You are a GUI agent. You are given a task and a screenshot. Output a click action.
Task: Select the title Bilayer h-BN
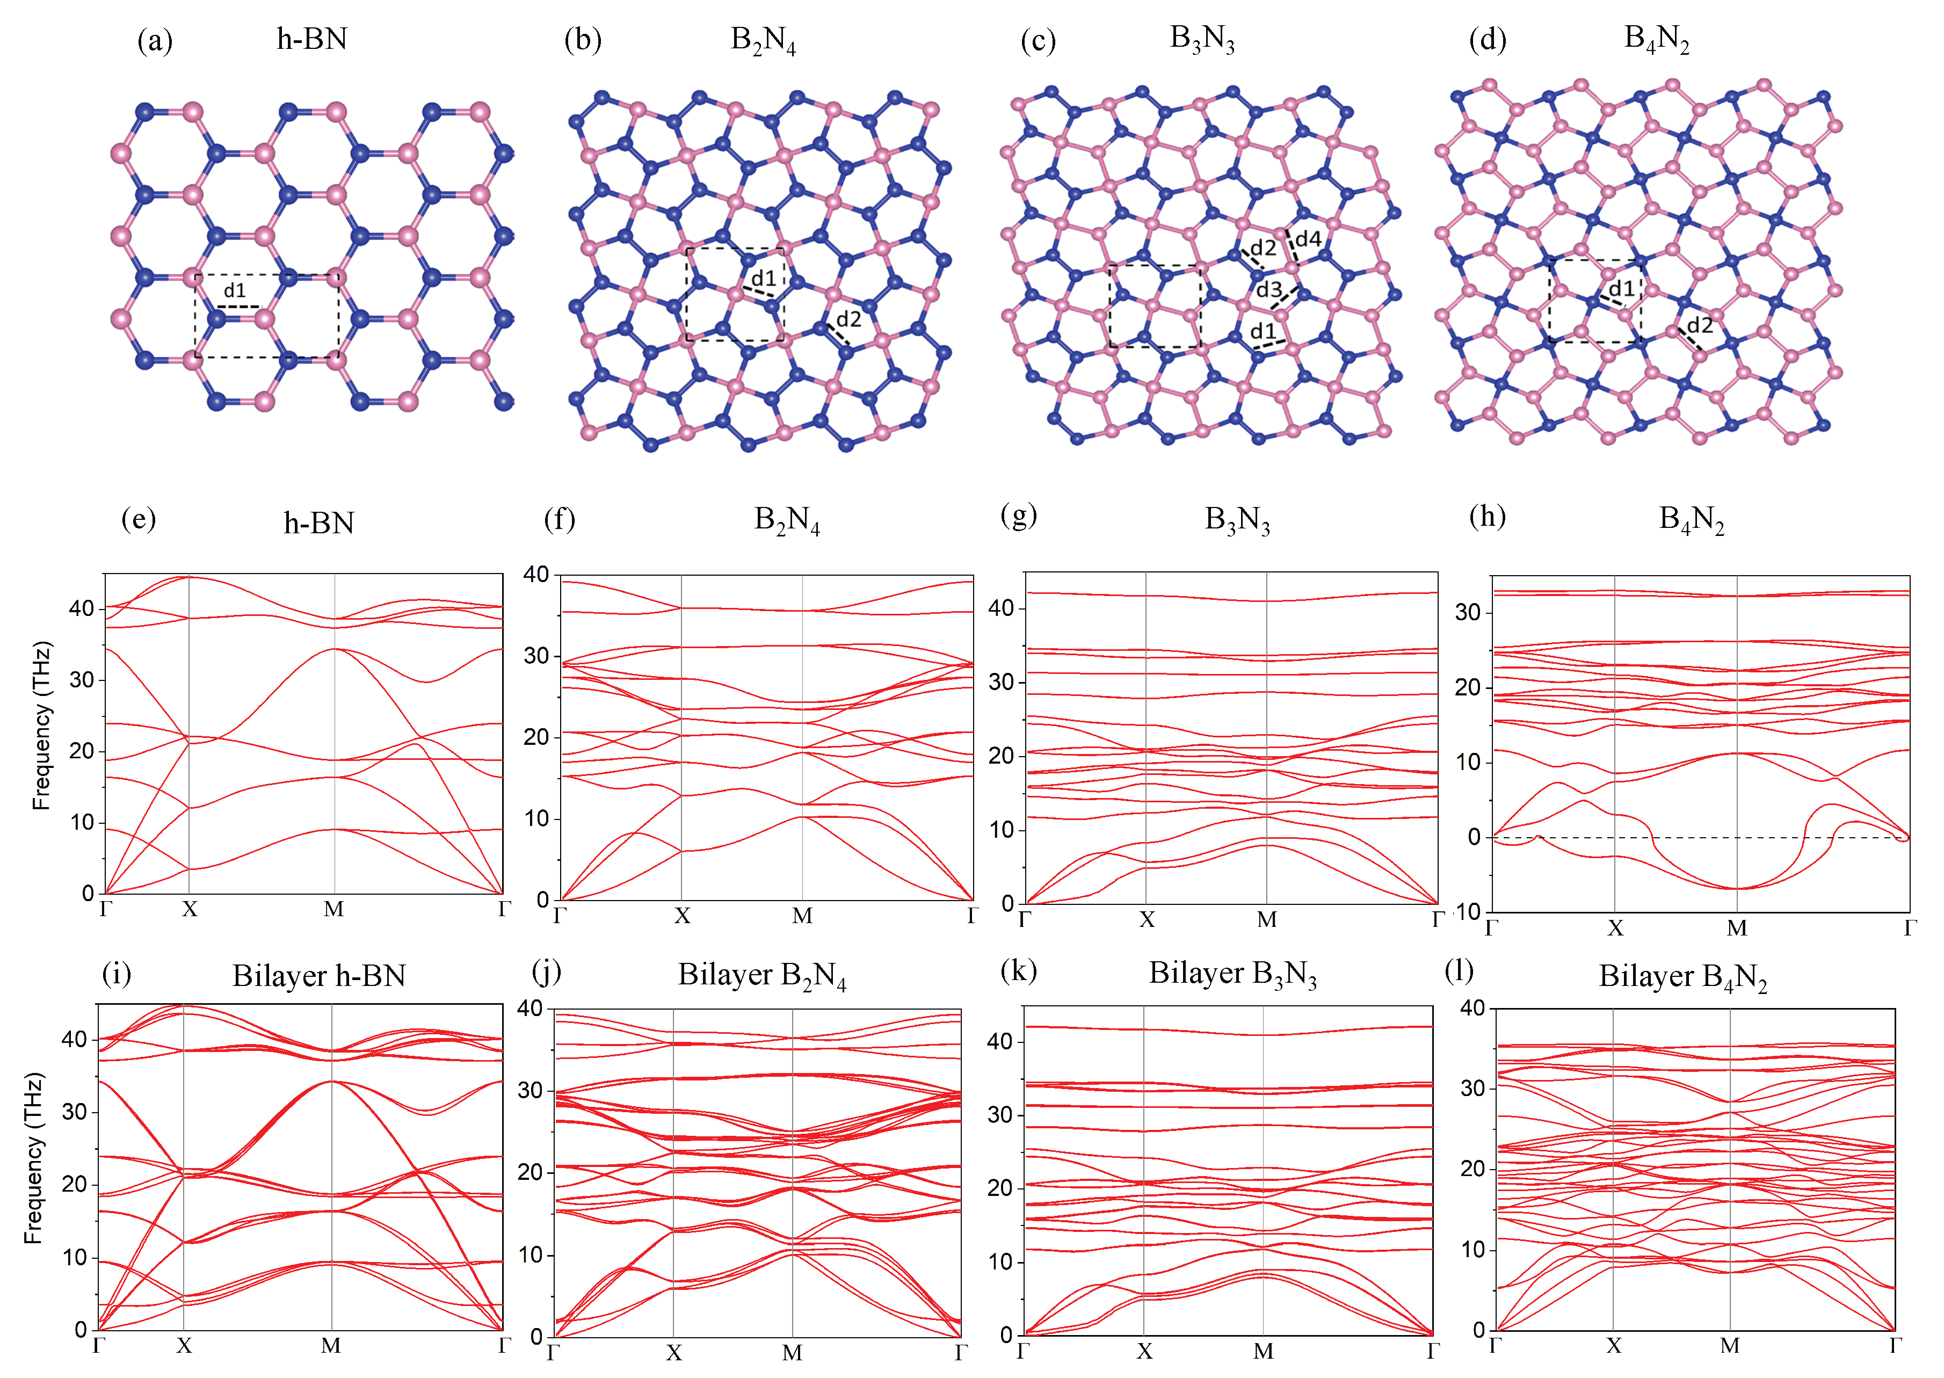tap(319, 976)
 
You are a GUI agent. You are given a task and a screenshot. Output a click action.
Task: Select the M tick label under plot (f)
tap(802, 916)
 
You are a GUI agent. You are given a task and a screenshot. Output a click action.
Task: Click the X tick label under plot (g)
tap(1147, 920)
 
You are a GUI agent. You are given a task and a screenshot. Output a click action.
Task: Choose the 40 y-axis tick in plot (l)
tap(1472, 1007)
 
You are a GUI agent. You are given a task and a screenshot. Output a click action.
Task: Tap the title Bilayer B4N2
tap(1682, 977)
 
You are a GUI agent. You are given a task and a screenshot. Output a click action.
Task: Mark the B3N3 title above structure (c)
tap(1201, 39)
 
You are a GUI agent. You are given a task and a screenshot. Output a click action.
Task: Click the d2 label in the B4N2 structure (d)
tap(1699, 325)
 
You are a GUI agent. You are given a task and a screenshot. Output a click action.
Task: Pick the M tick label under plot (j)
tap(792, 1353)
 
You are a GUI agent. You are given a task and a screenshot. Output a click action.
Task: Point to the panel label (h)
tap(1486, 516)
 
